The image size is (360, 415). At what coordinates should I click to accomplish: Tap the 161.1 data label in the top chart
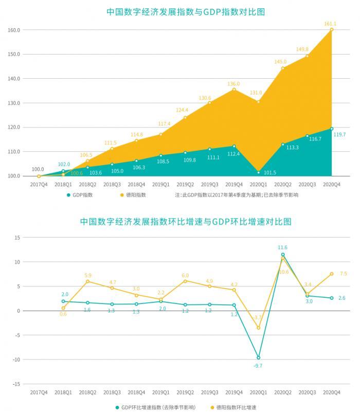pyautogui.click(x=330, y=24)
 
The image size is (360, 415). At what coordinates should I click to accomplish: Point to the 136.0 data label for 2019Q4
pyautogui.click(x=233, y=84)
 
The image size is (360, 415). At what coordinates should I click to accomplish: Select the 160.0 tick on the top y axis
pyautogui.click(x=14, y=30)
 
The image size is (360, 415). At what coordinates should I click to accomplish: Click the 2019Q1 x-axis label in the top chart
pyautogui.click(x=160, y=184)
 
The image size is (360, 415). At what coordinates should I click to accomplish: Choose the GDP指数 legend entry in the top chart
pyautogui.click(x=81, y=195)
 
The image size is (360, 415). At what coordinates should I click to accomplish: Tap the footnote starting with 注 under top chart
pyautogui.click(x=236, y=195)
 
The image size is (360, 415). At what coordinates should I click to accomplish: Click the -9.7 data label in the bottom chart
pyautogui.click(x=258, y=365)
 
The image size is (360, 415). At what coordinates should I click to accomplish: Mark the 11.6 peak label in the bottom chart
pyautogui.click(x=282, y=247)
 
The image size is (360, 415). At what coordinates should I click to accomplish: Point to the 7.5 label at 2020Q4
pyautogui.click(x=343, y=274)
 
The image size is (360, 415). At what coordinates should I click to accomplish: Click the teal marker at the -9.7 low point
pyautogui.click(x=258, y=357)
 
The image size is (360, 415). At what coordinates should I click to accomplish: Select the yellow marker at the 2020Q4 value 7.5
pyautogui.click(x=331, y=274)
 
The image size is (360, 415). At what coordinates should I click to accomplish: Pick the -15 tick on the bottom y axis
pyautogui.click(x=16, y=384)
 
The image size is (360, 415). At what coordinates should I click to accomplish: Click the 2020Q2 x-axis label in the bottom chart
pyautogui.click(x=282, y=392)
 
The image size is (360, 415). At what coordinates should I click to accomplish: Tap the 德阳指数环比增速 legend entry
pyautogui.click(x=235, y=407)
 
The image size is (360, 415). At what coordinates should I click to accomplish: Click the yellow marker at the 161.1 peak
pyautogui.click(x=331, y=30)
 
